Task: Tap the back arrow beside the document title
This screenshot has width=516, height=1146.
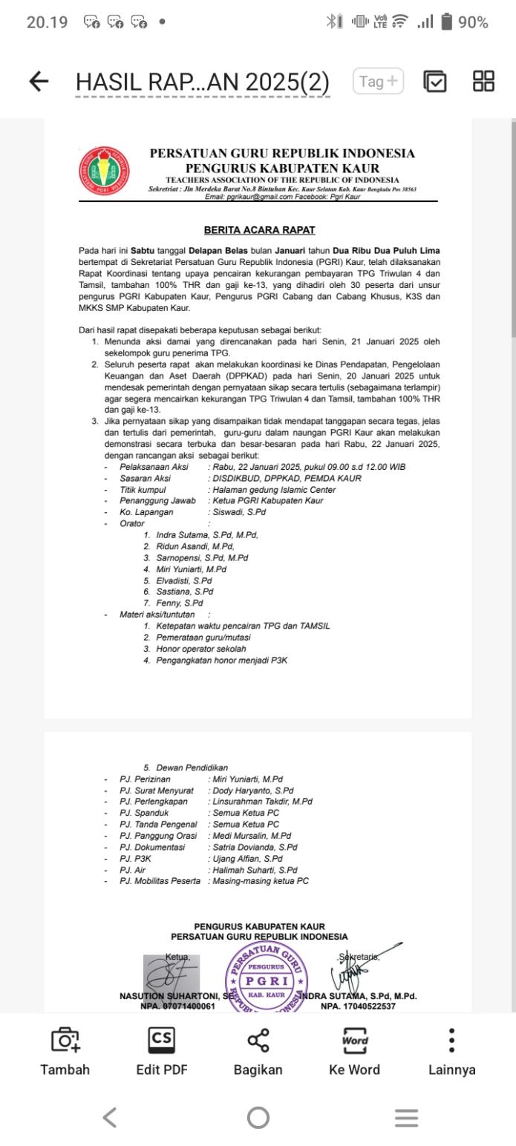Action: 39,82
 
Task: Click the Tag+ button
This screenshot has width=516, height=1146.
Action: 378,82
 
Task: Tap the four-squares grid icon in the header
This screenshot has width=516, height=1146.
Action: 483,82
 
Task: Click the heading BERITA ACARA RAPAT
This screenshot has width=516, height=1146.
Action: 259,230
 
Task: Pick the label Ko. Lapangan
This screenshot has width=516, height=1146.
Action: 146,512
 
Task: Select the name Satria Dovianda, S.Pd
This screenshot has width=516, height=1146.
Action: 255,847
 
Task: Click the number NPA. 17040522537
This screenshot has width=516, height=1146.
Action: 358,1006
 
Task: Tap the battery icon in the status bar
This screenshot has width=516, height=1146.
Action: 446,22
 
